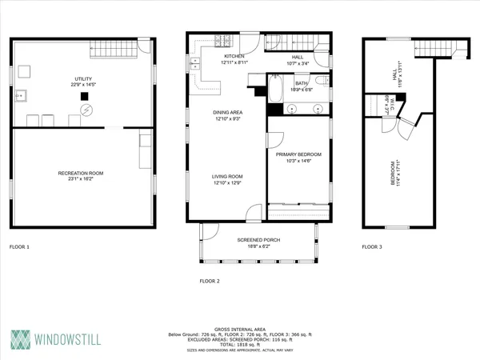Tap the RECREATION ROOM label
80,173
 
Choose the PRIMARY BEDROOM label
298,154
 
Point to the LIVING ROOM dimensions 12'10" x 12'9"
228,182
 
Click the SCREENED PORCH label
257,240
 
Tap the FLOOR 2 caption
210,281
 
